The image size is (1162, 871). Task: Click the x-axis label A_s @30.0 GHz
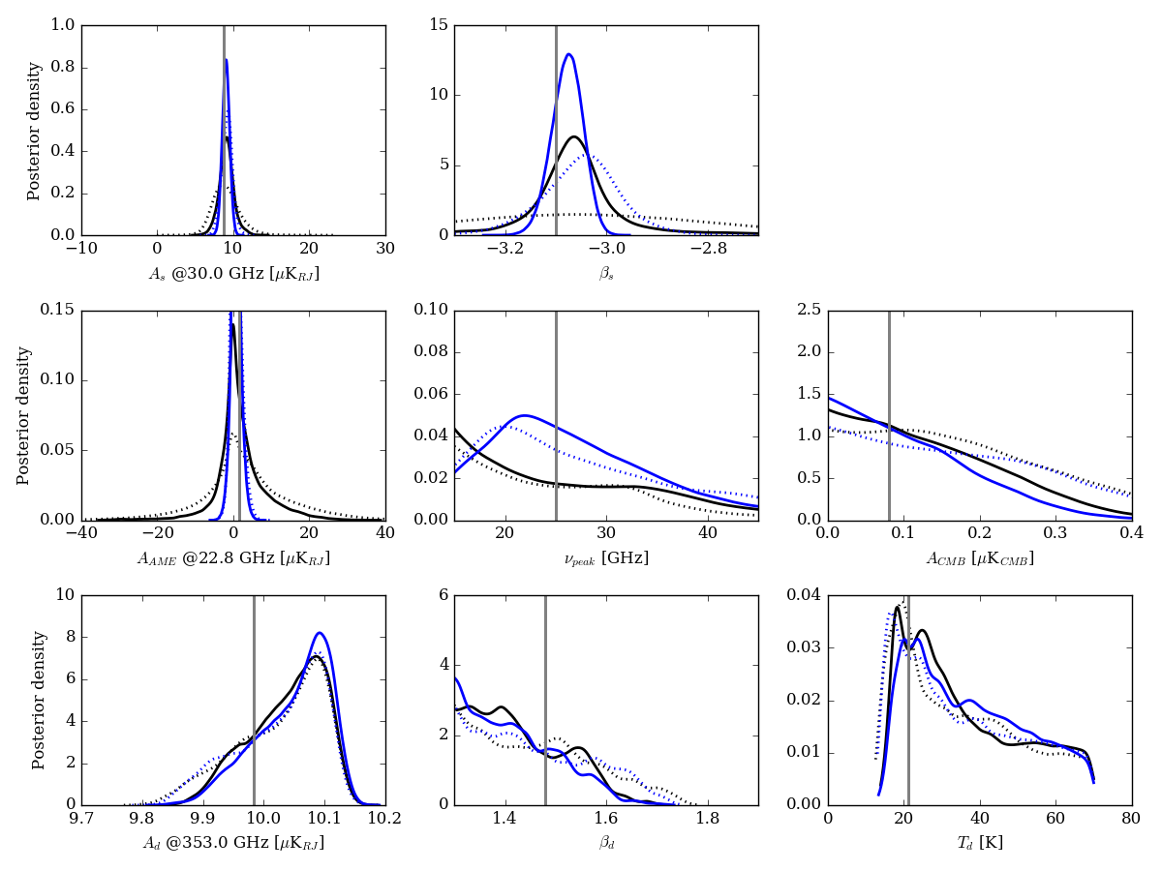click(x=233, y=274)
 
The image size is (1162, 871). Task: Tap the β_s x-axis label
click(x=606, y=274)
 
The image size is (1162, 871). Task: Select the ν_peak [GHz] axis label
click(x=606, y=558)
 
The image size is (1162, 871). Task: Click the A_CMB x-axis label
click(x=979, y=558)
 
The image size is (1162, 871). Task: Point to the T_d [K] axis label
click(x=979, y=843)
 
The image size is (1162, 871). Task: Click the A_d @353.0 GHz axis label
click(x=233, y=843)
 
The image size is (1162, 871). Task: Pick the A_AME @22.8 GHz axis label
click(x=233, y=558)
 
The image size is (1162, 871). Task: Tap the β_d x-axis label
click(x=606, y=843)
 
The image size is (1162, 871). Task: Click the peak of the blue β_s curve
click(x=569, y=54)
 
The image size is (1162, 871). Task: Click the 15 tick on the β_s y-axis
click(x=439, y=25)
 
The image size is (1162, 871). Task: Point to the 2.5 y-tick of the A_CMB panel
click(x=807, y=310)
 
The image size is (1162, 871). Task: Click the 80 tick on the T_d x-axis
click(x=1131, y=818)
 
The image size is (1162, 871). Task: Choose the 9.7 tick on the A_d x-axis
click(x=81, y=818)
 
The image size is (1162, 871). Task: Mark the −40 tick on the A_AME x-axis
click(x=81, y=533)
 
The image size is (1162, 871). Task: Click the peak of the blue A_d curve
click(x=319, y=633)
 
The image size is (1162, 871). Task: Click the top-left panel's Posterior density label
click(x=35, y=131)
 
